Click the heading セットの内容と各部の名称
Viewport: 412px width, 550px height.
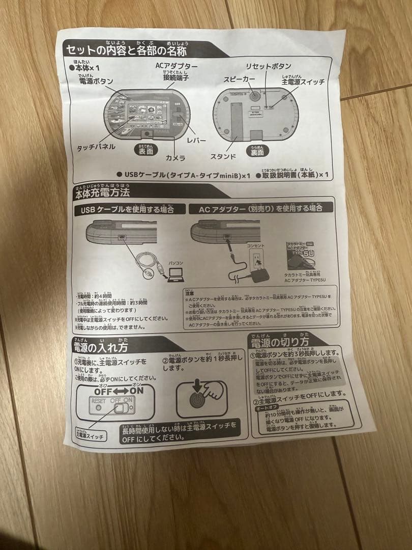tap(126, 50)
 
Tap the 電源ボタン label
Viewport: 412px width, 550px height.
tap(96, 81)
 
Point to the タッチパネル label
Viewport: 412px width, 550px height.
tap(96, 147)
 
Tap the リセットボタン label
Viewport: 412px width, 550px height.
tap(269, 66)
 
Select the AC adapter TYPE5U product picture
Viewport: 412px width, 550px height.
tap(301, 257)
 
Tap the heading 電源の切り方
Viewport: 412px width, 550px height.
tap(279, 340)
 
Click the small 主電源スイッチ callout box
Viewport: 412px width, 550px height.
tap(90, 434)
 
